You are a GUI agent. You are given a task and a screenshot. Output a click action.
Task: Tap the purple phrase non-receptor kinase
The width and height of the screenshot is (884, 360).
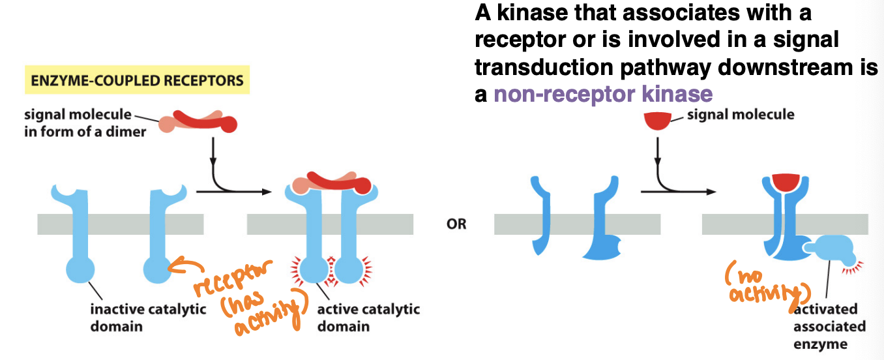[x=603, y=94]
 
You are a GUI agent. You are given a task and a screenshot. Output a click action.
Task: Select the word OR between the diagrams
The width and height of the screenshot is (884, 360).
[x=456, y=224]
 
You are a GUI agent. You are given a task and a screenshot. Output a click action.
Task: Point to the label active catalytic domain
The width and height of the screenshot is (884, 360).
[x=368, y=317]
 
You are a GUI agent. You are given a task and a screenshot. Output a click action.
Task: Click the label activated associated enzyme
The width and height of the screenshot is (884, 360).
[x=829, y=325]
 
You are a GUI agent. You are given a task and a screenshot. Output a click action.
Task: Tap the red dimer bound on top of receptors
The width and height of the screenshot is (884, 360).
[x=332, y=183]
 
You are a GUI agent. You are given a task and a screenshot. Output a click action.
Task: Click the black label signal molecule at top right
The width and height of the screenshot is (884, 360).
[x=741, y=115]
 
